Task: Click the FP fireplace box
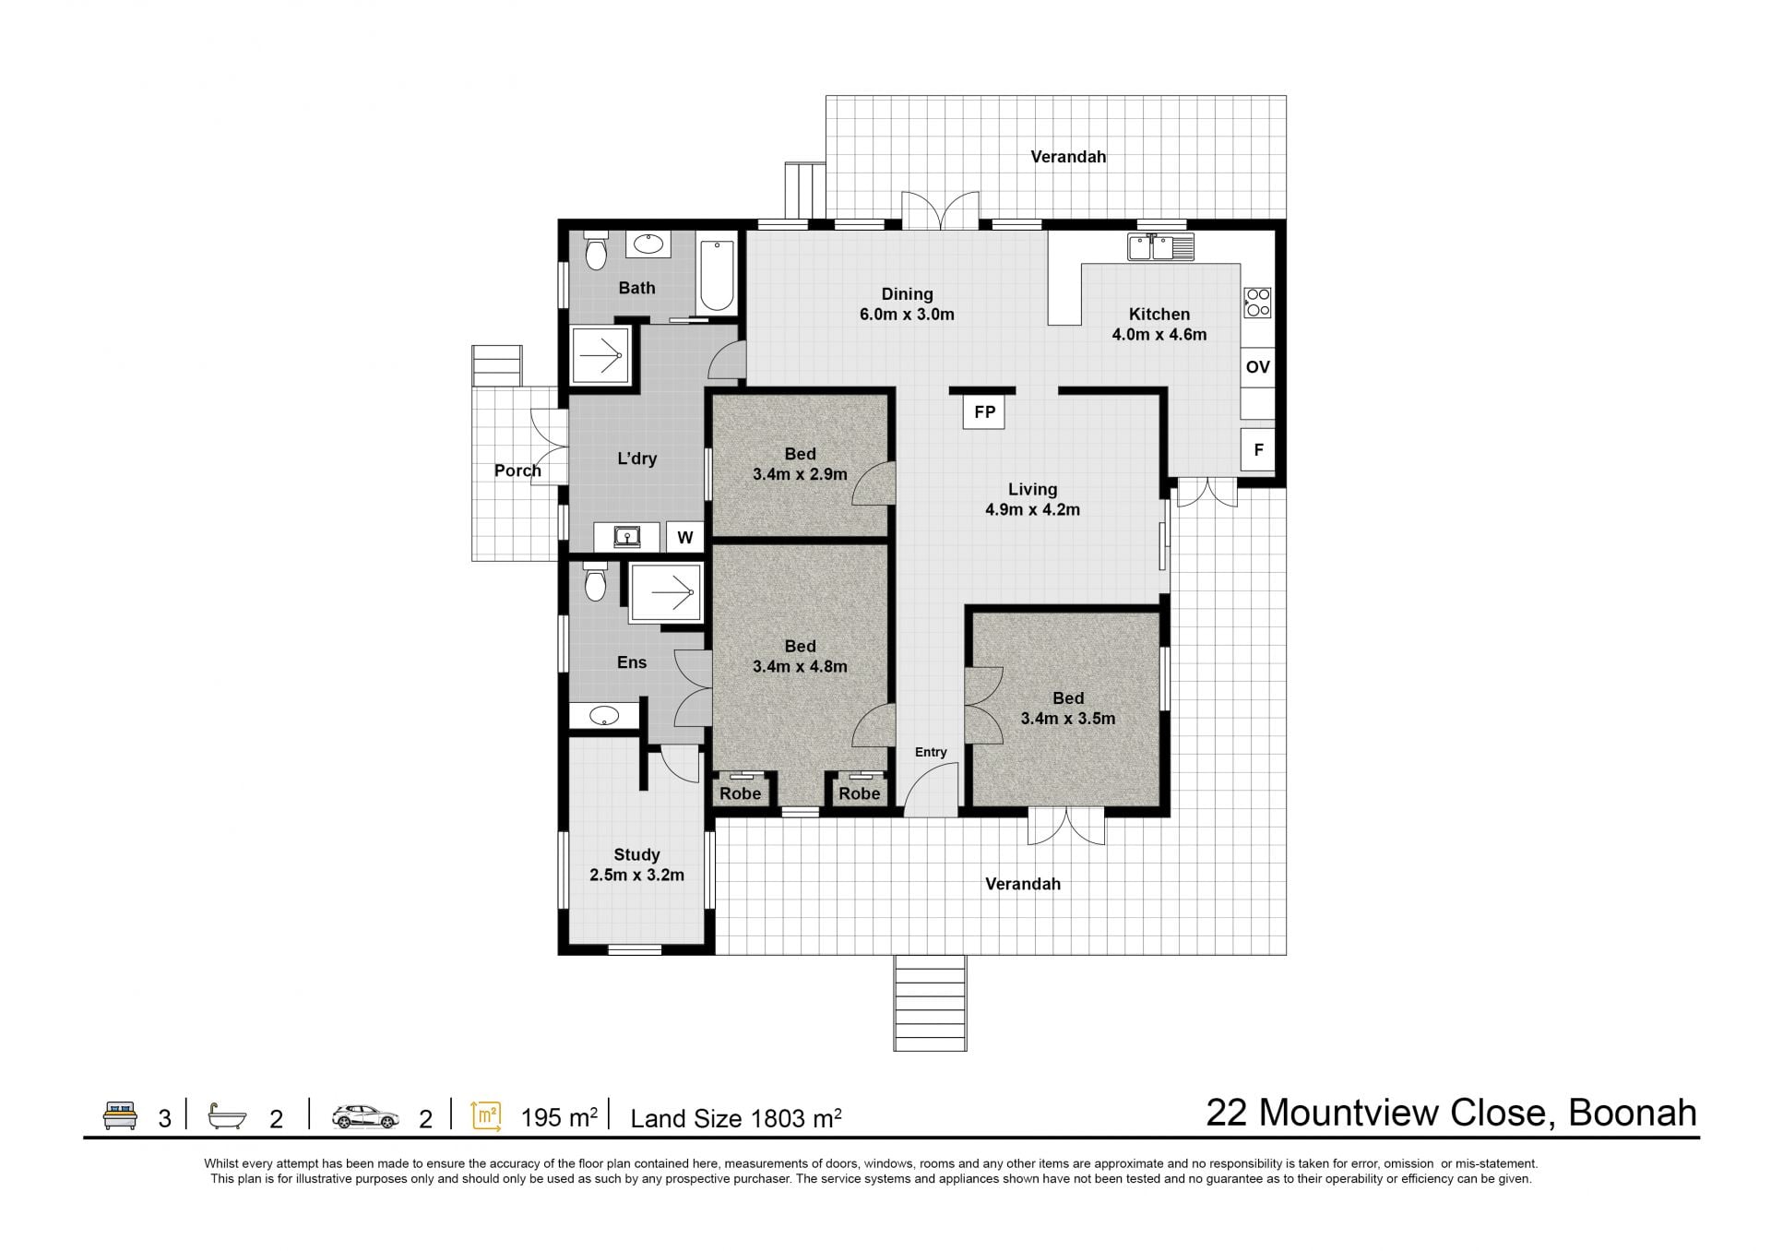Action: click(x=984, y=411)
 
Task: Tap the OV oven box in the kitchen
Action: click(x=1257, y=367)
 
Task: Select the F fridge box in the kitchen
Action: click(x=1257, y=450)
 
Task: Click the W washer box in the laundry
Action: click(x=685, y=537)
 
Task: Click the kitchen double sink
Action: click(x=1160, y=246)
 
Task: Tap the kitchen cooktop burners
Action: click(x=1257, y=302)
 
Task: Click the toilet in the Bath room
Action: click(x=596, y=250)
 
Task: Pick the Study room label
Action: click(x=636, y=855)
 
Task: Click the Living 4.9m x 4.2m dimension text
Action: click(x=1032, y=509)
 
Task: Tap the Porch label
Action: click(x=517, y=471)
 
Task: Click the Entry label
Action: click(x=931, y=752)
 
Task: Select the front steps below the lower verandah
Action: click(x=930, y=1003)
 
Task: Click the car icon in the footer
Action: click(x=365, y=1116)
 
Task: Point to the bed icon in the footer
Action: click(x=121, y=1115)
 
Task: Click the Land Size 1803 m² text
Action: click(x=736, y=1118)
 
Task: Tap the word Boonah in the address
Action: click(x=1633, y=1113)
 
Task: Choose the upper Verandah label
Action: click(x=1068, y=157)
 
